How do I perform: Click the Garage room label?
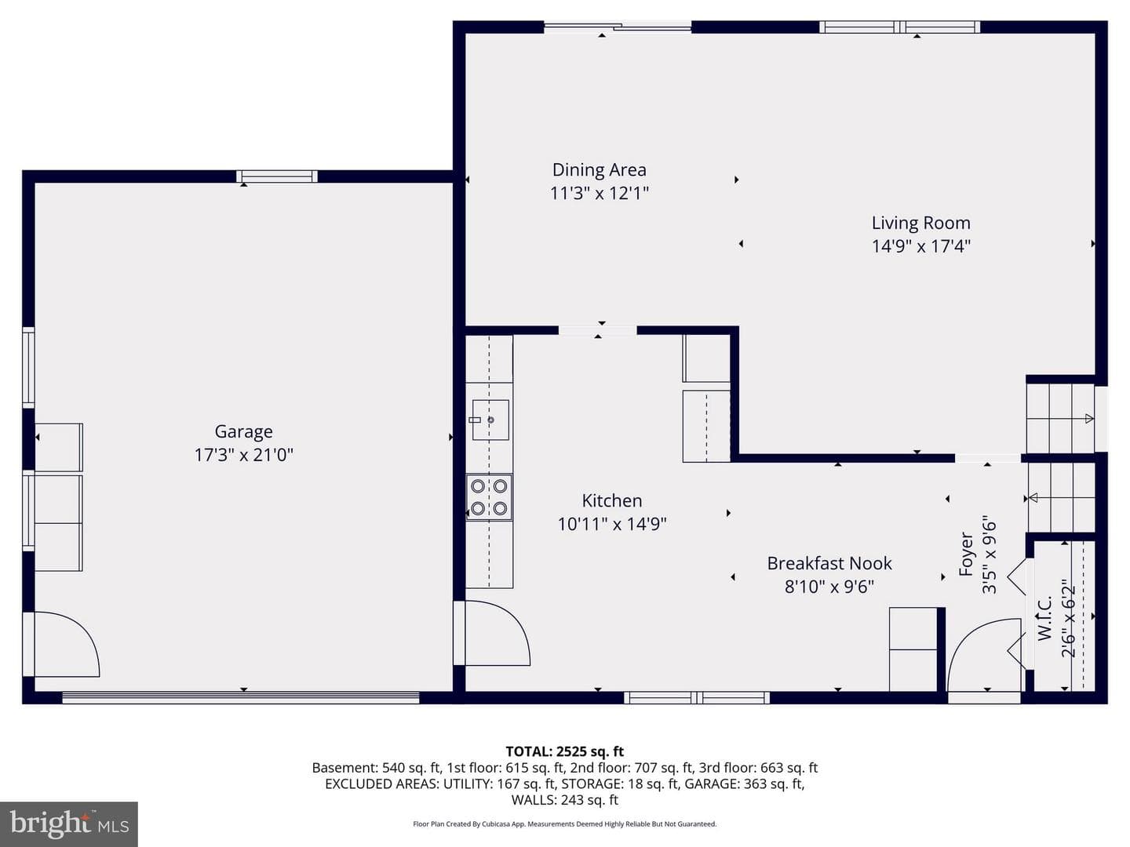(243, 431)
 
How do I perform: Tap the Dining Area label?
(600, 169)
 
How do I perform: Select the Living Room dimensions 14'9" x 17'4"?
(921, 246)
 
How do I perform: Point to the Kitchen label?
(612, 500)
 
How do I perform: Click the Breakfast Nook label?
(829, 563)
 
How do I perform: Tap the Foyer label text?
(966, 554)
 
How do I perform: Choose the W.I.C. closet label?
(1044, 619)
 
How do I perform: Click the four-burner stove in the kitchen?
(489, 497)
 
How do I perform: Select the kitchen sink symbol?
(490, 420)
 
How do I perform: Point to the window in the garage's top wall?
(277, 176)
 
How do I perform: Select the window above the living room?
(899, 27)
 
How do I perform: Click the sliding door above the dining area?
(618, 26)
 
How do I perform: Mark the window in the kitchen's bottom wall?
(697, 697)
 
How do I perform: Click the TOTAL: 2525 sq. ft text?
(565, 751)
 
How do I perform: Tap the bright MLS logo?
(69, 823)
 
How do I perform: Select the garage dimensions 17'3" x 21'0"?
(243, 455)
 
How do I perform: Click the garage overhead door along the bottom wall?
(241, 697)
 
